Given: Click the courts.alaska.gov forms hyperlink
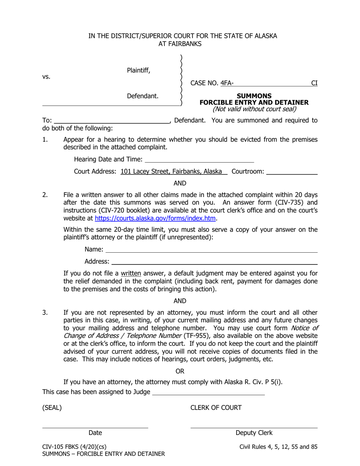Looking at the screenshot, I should (155, 218).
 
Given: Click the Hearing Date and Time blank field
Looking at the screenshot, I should (199, 160).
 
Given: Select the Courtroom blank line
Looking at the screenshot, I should (292, 172).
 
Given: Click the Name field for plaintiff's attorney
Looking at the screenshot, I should (211, 250).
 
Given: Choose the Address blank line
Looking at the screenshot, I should (214, 261).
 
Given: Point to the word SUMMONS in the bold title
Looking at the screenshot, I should (254, 96).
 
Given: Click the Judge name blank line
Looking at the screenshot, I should (208, 392).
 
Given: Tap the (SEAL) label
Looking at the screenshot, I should (52, 408).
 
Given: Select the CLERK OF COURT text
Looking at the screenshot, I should (216, 408).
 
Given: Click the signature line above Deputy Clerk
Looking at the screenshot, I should (254, 428).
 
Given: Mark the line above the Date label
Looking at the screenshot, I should (95, 428).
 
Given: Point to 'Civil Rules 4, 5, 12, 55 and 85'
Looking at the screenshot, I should (279, 447).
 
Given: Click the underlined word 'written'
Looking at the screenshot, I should (131, 274).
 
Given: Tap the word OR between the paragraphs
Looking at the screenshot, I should (180, 371).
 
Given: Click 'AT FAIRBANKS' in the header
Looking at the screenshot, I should (180, 44).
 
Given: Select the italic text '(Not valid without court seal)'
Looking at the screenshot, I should (254, 109).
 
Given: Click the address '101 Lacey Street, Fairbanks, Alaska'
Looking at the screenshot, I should (171, 172).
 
